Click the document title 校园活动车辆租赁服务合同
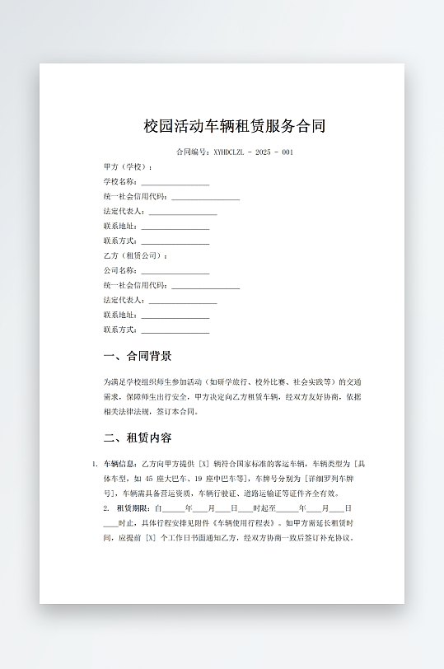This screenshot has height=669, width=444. click(235, 126)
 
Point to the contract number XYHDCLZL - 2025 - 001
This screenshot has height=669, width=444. click(235, 152)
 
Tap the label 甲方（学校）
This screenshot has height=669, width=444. click(128, 167)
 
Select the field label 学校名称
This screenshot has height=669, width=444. click(120, 182)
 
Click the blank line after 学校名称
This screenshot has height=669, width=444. click(175, 183)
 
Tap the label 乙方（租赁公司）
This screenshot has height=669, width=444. click(135, 256)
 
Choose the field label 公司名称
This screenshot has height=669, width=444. click(120, 271)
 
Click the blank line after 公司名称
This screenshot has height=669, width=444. click(175, 272)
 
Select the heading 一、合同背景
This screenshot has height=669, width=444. click(138, 357)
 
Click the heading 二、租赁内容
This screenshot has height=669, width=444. click(138, 437)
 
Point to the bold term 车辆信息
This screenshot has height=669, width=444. click(120, 464)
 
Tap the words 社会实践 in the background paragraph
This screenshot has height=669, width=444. click(302, 382)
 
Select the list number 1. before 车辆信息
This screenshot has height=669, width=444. click(96, 464)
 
